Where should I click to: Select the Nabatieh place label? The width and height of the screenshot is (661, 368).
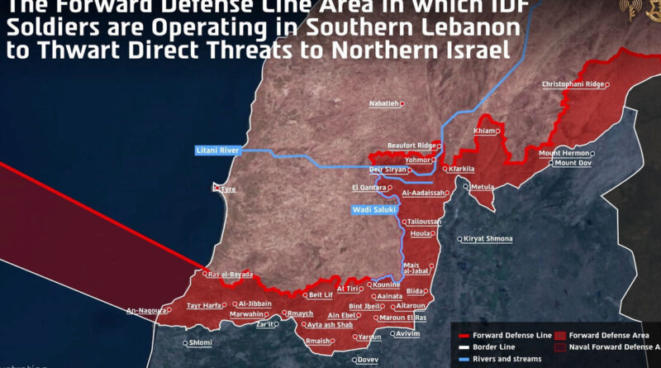tap(384, 103)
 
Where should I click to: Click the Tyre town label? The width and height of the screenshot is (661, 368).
tap(228, 189)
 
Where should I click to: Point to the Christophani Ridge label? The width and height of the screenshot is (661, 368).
tap(573, 84)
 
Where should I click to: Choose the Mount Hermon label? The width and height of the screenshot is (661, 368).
tap(564, 153)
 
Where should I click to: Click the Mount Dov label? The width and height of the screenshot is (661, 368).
tap(573, 163)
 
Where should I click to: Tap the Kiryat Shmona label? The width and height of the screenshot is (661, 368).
tap(488, 239)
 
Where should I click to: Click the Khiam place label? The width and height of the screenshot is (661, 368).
tap(483, 131)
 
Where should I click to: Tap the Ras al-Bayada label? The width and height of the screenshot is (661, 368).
tap(231, 275)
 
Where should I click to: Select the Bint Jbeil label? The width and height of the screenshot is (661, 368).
tap(364, 306)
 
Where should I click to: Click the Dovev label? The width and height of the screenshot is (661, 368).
tap(369, 360)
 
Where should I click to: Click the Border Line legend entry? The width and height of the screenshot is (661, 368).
tap(500, 347)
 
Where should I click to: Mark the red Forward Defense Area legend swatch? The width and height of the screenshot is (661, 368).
tap(559, 335)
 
